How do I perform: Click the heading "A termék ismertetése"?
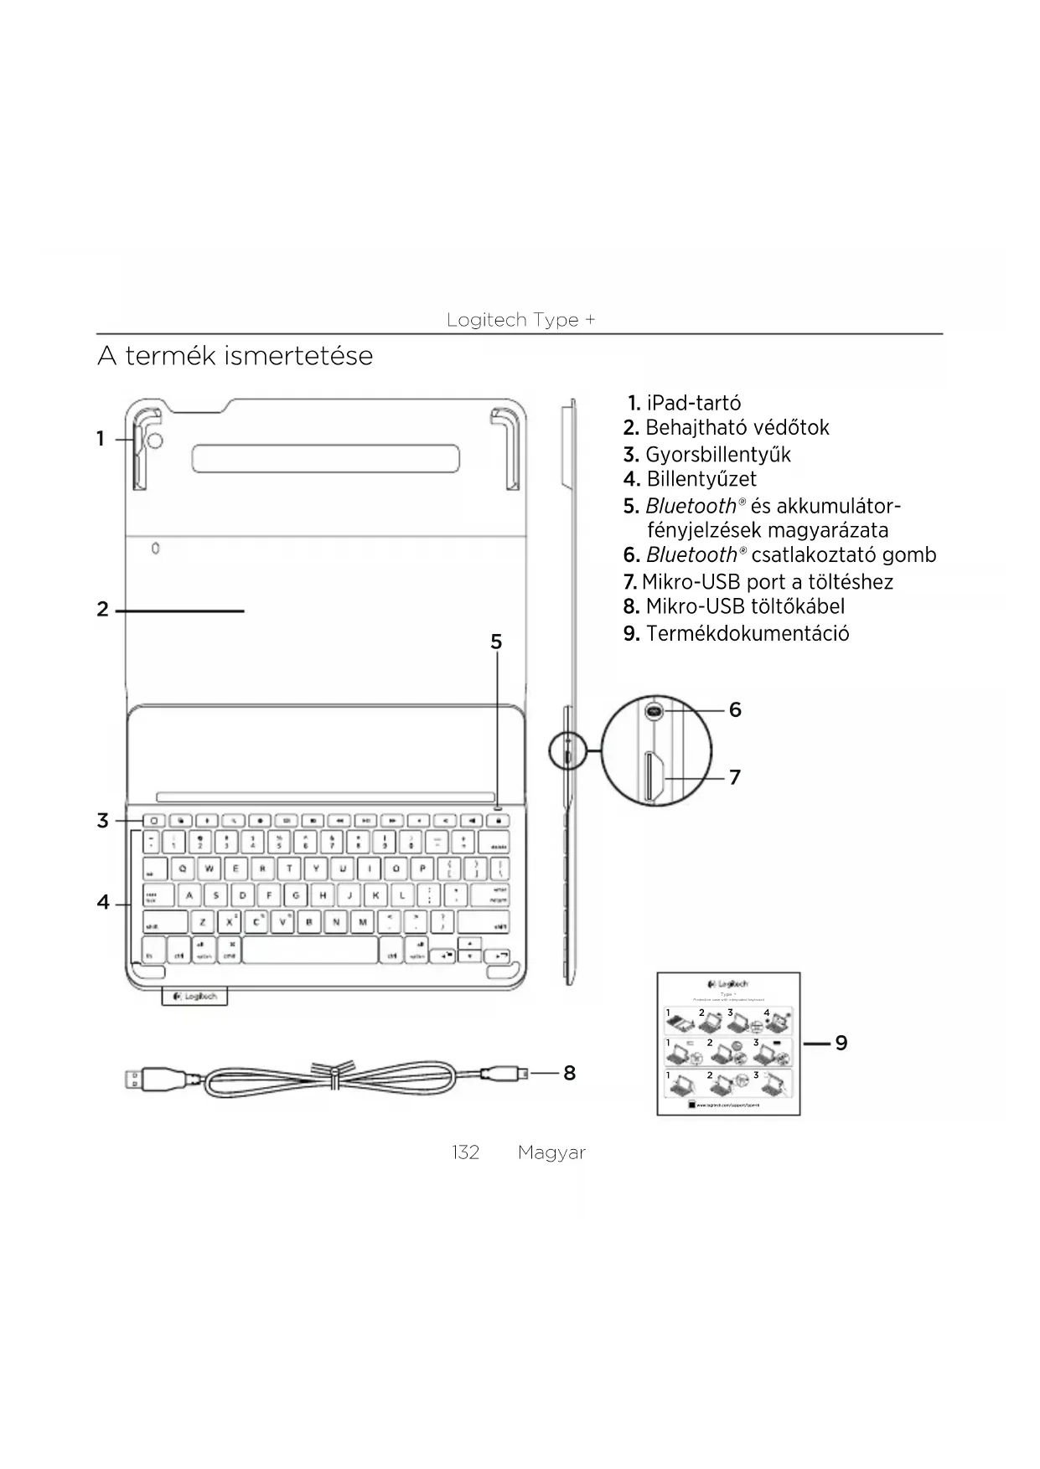point(235,356)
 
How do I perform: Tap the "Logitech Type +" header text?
point(520,320)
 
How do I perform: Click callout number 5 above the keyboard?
point(496,642)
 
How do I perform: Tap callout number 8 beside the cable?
point(569,1073)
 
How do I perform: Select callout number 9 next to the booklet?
point(841,1043)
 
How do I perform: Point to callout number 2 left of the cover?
point(102,610)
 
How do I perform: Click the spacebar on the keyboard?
point(310,951)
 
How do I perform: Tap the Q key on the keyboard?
point(182,869)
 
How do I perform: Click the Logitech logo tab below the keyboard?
point(194,997)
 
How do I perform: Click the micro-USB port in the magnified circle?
point(654,777)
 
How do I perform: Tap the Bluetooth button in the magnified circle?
point(655,711)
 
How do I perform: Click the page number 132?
point(465,1152)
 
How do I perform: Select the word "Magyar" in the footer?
point(551,1152)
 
